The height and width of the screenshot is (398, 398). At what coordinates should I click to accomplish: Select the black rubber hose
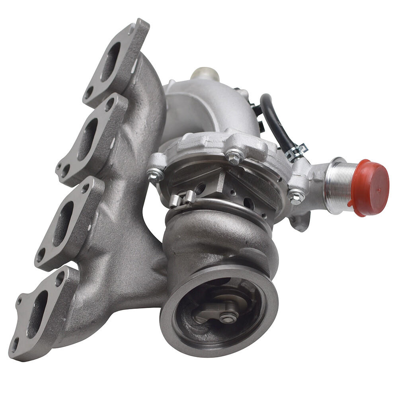coord(275,123)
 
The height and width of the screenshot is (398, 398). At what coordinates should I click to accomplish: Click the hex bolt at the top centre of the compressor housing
coord(234,157)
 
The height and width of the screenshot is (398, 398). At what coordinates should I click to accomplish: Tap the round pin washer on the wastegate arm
coord(228,317)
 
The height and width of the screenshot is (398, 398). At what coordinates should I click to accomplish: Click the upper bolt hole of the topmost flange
coord(131,29)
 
